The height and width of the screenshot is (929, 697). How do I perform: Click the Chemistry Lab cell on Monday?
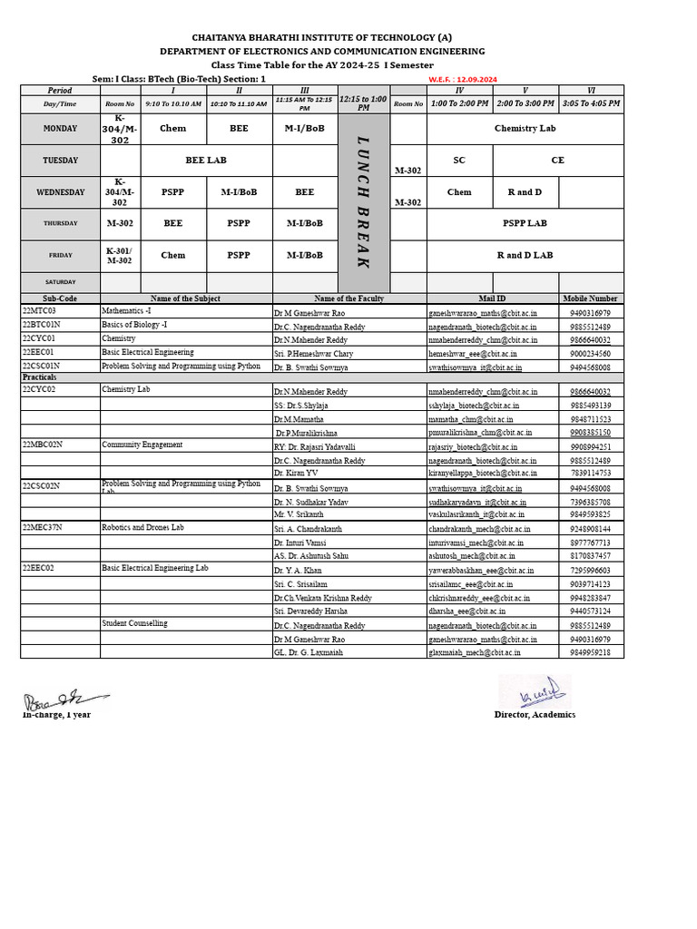tap(525, 129)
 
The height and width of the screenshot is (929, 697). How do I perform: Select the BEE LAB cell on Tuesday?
tap(206, 160)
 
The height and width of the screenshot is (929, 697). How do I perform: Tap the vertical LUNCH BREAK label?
tap(364, 202)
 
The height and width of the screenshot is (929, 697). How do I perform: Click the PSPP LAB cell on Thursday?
tap(525, 222)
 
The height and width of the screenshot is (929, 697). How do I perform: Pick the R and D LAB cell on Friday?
tap(525, 255)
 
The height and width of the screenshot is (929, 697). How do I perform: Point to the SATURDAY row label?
tap(61, 282)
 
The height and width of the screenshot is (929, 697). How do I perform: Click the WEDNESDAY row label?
tap(61, 192)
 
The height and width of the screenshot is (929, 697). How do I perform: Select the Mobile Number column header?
tap(590, 298)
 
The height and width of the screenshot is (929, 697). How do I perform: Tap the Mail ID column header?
tap(492, 298)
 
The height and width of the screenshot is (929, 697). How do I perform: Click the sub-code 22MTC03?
tap(38, 311)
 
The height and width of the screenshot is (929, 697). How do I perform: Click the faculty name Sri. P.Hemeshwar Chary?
tap(313, 353)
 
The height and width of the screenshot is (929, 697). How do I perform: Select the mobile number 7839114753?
tap(590, 473)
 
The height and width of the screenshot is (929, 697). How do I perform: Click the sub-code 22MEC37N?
tap(41, 527)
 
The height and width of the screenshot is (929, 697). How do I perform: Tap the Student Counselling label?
tap(134, 623)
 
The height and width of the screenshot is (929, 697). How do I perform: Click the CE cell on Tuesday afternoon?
tap(557, 160)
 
